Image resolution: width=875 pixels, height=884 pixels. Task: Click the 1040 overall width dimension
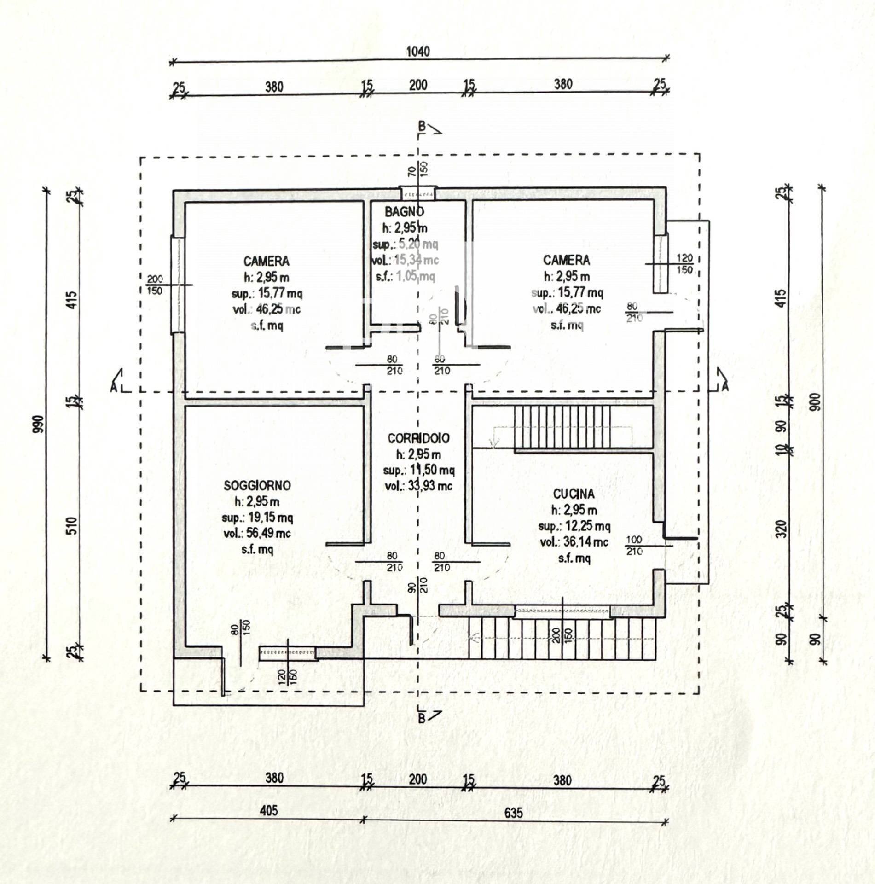tap(417, 51)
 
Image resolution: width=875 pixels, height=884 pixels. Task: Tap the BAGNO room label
tap(404, 212)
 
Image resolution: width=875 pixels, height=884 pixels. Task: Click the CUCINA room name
tap(574, 494)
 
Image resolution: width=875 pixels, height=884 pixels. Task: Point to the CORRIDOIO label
tap(418, 438)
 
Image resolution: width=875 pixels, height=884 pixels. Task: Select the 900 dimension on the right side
tap(816, 403)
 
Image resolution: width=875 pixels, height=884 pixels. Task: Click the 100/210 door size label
tap(634, 545)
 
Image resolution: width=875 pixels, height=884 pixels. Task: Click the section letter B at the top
tap(421, 126)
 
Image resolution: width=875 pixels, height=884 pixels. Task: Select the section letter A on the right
tap(725, 386)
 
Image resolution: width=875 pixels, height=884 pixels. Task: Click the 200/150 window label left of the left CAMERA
tap(155, 285)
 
